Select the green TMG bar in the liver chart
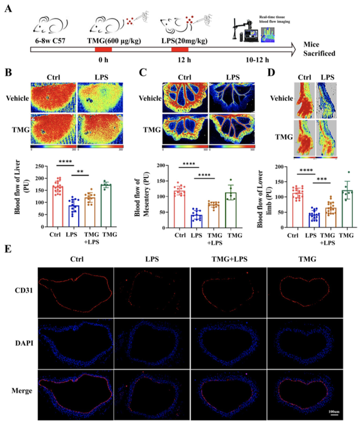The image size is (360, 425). [106, 205]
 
